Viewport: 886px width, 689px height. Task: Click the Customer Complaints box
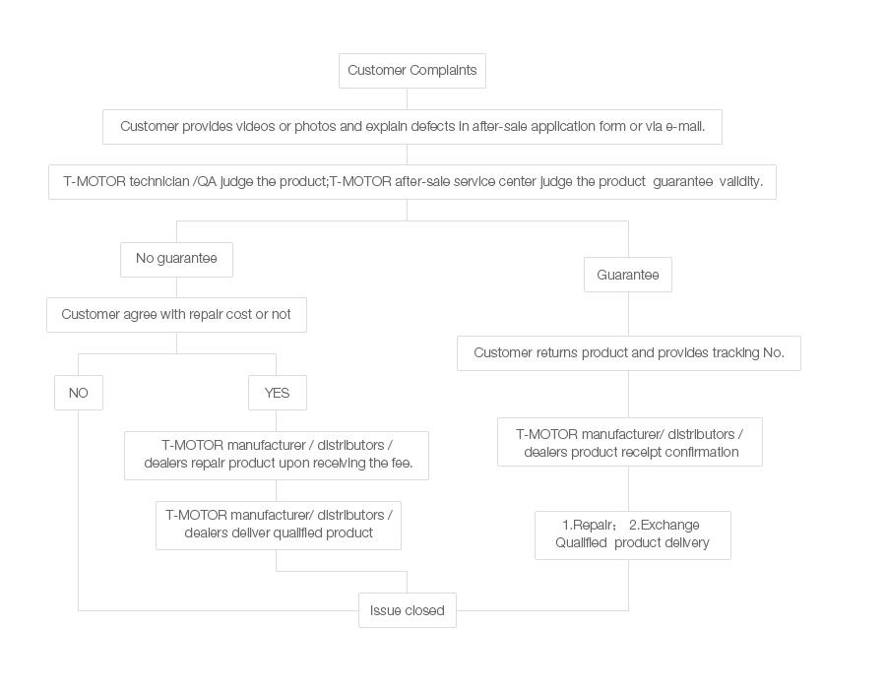point(411,71)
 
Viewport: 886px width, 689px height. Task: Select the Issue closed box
point(407,610)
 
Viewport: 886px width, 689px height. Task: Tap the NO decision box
point(79,393)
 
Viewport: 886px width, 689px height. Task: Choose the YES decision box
point(277,393)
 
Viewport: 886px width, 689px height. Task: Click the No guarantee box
point(176,259)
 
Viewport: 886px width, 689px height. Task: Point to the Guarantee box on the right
point(628,275)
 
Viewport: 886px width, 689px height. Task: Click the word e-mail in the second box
point(685,127)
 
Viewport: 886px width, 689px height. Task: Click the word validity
point(740,181)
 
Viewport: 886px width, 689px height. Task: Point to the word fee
point(402,463)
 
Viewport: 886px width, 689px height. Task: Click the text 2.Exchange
point(664,526)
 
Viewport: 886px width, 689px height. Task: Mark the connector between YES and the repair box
point(277,420)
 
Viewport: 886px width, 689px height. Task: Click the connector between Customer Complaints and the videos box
point(407,98)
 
